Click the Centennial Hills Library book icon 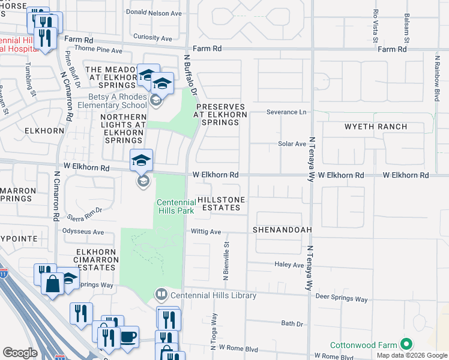click(x=161, y=295)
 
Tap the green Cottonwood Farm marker click(x=406, y=345)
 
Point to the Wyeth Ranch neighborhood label click(x=376, y=127)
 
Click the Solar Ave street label click(x=292, y=144)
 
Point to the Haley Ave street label click(x=289, y=265)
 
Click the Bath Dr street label click(x=292, y=324)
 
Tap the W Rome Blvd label click(x=238, y=347)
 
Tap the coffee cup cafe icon click(x=128, y=336)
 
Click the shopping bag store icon click(x=53, y=283)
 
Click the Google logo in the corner click(x=20, y=352)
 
